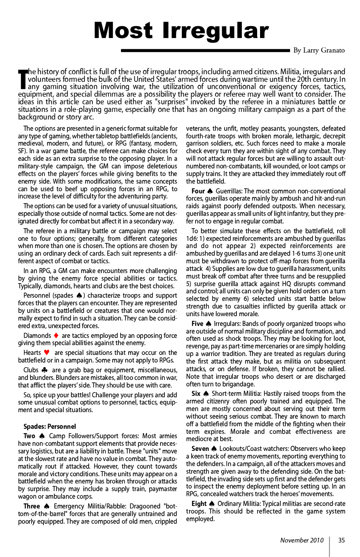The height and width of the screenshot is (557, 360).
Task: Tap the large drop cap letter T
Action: tap(23, 79)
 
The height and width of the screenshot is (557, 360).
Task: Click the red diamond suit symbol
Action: tap(56, 336)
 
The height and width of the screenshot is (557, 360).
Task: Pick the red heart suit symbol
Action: tap(47, 353)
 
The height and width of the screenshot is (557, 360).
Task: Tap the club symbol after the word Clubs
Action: tap(44, 370)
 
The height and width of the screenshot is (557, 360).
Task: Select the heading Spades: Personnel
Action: tap(50, 427)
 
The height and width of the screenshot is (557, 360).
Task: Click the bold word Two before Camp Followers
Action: tap(29, 436)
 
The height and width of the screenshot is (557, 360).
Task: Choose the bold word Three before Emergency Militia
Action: tap(32, 506)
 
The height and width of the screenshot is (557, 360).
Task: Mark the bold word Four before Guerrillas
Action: tap(198, 191)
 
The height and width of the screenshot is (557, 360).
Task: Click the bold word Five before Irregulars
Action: tap(197, 324)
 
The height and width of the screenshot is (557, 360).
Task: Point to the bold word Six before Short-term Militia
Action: tap(196, 394)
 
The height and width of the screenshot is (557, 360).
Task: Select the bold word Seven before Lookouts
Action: tap(200, 449)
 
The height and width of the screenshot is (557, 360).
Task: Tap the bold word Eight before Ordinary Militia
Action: tap(199, 504)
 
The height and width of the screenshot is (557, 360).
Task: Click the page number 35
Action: tap(341, 540)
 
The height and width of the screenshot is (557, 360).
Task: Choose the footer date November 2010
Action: tap(302, 540)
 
